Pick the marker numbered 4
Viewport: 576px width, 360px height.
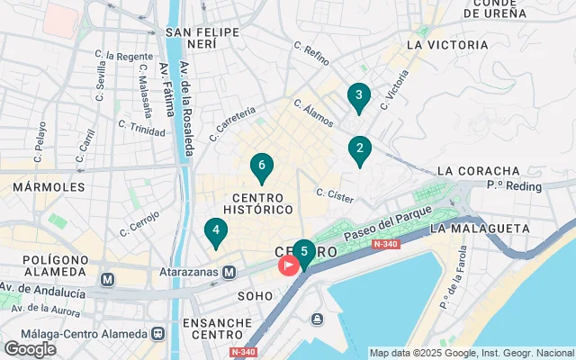click(215, 231)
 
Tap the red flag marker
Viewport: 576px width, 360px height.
click(289, 265)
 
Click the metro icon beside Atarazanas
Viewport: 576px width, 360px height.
click(229, 272)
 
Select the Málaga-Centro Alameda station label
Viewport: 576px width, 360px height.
click(76, 332)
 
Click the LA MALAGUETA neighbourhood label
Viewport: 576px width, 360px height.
click(480, 229)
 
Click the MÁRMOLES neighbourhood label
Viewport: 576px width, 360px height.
click(49, 187)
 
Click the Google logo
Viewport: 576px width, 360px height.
click(30, 348)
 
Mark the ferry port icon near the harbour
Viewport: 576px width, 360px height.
click(317, 319)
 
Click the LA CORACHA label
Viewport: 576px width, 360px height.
click(478, 171)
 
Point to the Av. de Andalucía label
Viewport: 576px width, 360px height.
click(43, 292)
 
